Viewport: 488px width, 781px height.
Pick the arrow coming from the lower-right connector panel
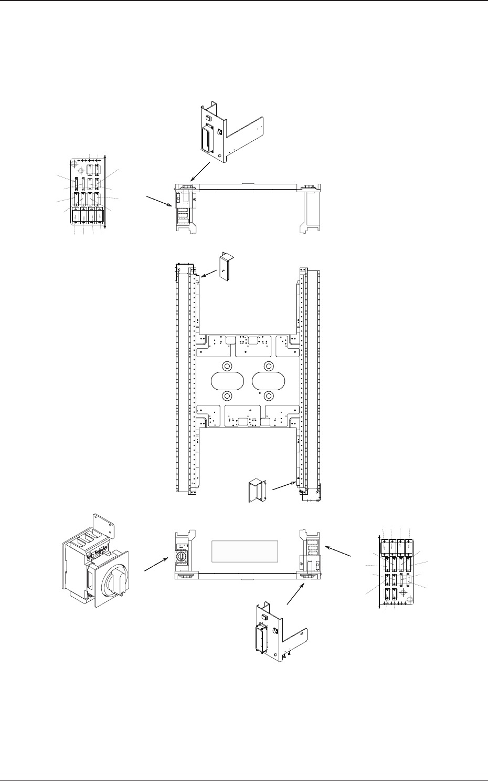(x=338, y=551)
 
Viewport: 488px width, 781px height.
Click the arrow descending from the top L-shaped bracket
(x=200, y=171)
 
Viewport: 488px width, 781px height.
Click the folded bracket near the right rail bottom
(x=257, y=490)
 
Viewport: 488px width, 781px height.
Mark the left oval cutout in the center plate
(x=227, y=381)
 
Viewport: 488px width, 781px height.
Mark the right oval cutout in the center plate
(x=269, y=381)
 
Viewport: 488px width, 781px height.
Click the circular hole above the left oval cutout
(x=227, y=366)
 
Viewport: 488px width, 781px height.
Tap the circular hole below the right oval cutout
(x=269, y=395)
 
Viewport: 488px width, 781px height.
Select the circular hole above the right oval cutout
(x=269, y=366)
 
